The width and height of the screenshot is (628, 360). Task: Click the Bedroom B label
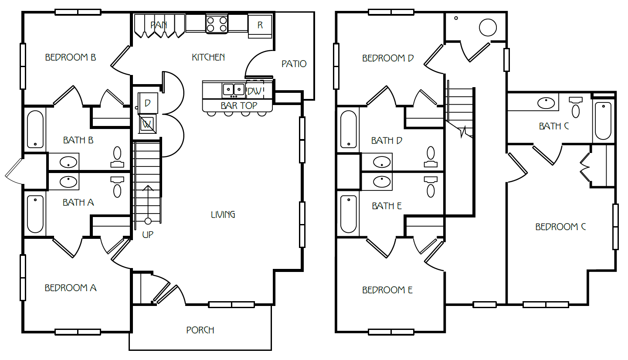pos(70,58)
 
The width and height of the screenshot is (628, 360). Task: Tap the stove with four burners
pos(217,24)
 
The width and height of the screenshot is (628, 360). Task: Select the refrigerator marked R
pos(260,26)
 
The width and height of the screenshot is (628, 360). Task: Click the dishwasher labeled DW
pos(255,90)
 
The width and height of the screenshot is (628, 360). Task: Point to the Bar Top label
pos(239,106)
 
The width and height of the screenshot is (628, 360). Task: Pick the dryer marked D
pos(148,103)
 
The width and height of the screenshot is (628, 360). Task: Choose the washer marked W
pos(147,124)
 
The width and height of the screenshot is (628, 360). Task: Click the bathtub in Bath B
pos(35,129)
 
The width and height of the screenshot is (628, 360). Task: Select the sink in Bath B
pos(68,162)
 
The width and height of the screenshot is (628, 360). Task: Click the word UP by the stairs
pos(148,234)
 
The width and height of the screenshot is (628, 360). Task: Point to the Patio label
pos(294,64)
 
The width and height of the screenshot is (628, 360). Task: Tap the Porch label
pos(200,330)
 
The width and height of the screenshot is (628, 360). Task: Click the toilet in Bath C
pos(576,107)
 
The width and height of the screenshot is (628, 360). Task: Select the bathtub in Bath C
pos(603,121)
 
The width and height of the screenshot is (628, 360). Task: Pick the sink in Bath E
pos(382,181)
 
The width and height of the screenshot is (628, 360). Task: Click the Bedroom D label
pos(388,58)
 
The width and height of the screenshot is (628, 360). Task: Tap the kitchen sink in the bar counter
pos(234,90)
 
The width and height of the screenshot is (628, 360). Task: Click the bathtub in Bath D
pos(349,129)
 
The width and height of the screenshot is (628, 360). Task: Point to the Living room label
pos(223,215)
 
